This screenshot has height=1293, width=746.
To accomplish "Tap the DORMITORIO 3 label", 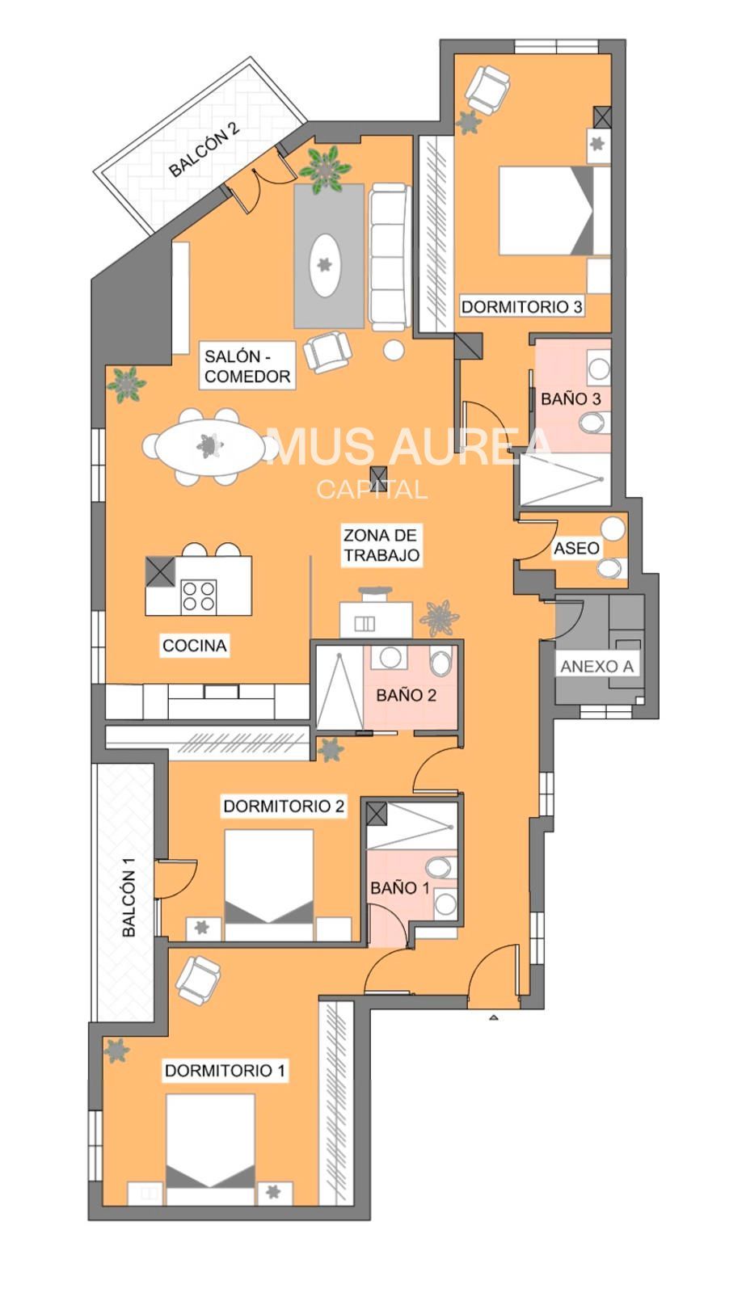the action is click(x=521, y=306).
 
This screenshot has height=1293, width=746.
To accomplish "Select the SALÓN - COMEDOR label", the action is click(x=247, y=366).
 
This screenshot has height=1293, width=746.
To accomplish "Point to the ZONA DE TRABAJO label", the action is click(x=381, y=545).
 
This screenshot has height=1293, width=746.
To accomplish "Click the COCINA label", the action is click(x=194, y=646).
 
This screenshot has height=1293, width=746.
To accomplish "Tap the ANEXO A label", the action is click(x=597, y=666).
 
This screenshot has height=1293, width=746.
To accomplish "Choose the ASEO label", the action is click(x=576, y=548).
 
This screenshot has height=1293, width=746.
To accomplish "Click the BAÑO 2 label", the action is click(x=406, y=695).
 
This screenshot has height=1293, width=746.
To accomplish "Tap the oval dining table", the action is click(x=209, y=446).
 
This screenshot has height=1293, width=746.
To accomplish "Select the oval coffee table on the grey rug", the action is click(x=324, y=265).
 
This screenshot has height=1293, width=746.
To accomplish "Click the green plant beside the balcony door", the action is click(x=324, y=169).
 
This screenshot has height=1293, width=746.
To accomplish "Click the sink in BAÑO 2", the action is click(x=390, y=657).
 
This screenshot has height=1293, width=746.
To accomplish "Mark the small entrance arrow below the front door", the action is click(x=493, y=1017).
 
